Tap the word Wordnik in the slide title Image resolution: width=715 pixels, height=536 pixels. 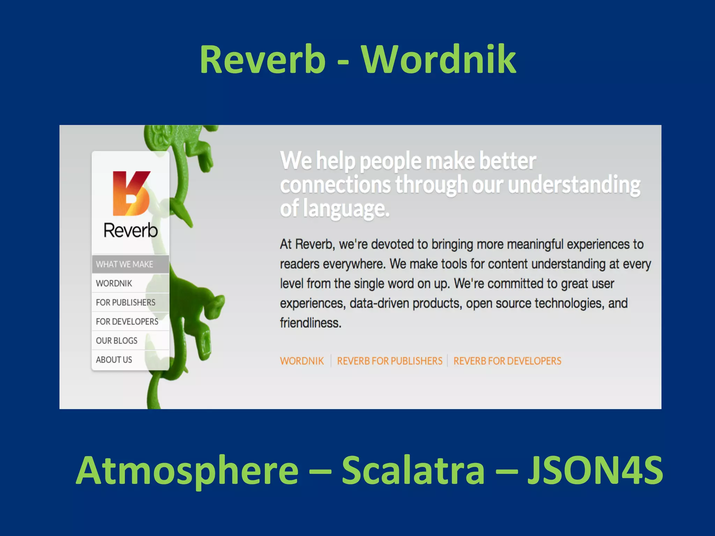[x=438, y=60]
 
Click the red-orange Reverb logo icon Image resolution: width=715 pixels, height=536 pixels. [x=131, y=193]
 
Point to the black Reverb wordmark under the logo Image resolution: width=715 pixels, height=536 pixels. [x=131, y=230]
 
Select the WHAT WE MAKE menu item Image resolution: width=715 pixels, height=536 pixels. [x=125, y=265]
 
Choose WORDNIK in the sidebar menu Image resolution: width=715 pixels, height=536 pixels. [x=114, y=283]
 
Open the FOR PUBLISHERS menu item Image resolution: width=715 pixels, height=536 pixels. [x=126, y=303]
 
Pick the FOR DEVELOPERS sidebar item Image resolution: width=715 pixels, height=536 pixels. [x=127, y=321]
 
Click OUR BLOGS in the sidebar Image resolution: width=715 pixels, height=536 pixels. [x=117, y=341]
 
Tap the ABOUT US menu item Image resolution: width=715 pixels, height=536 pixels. [x=114, y=360]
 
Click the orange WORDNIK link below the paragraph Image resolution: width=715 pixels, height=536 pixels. [x=302, y=361]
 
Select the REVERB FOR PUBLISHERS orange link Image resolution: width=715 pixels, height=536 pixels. [x=390, y=361]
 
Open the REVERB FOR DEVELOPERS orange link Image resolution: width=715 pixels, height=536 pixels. [x=507, y=361]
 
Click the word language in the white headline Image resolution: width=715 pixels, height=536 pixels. [x=346, y=209]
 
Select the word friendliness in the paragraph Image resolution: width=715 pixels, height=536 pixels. [x=310, y=323]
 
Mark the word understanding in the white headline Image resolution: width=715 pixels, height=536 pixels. [x=574, y=185]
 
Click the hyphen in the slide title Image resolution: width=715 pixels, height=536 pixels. [x=343, y=63]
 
